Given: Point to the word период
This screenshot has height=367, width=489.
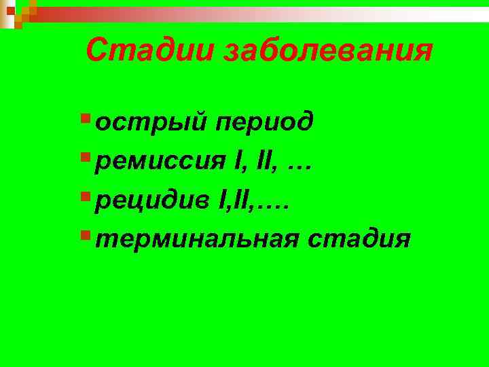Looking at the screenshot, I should [265, 123].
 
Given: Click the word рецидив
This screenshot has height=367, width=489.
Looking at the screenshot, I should [153, 200].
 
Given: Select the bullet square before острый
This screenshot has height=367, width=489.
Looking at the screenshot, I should [84, 120].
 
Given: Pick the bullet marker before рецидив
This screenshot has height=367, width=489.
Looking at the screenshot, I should [84, 197].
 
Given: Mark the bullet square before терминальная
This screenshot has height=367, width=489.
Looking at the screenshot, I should [84, 236].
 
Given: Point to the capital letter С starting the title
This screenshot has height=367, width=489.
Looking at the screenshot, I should [97, 51].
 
